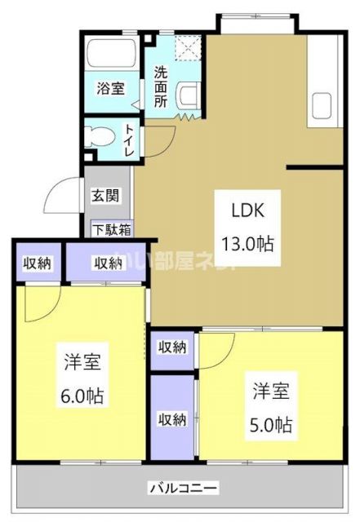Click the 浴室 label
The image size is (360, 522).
(x=111, y=88)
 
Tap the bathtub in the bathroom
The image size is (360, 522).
(x=112, y=55)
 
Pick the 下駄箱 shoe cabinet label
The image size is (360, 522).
(x=112, y=229)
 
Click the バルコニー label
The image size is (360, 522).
(x=183, y=489)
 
